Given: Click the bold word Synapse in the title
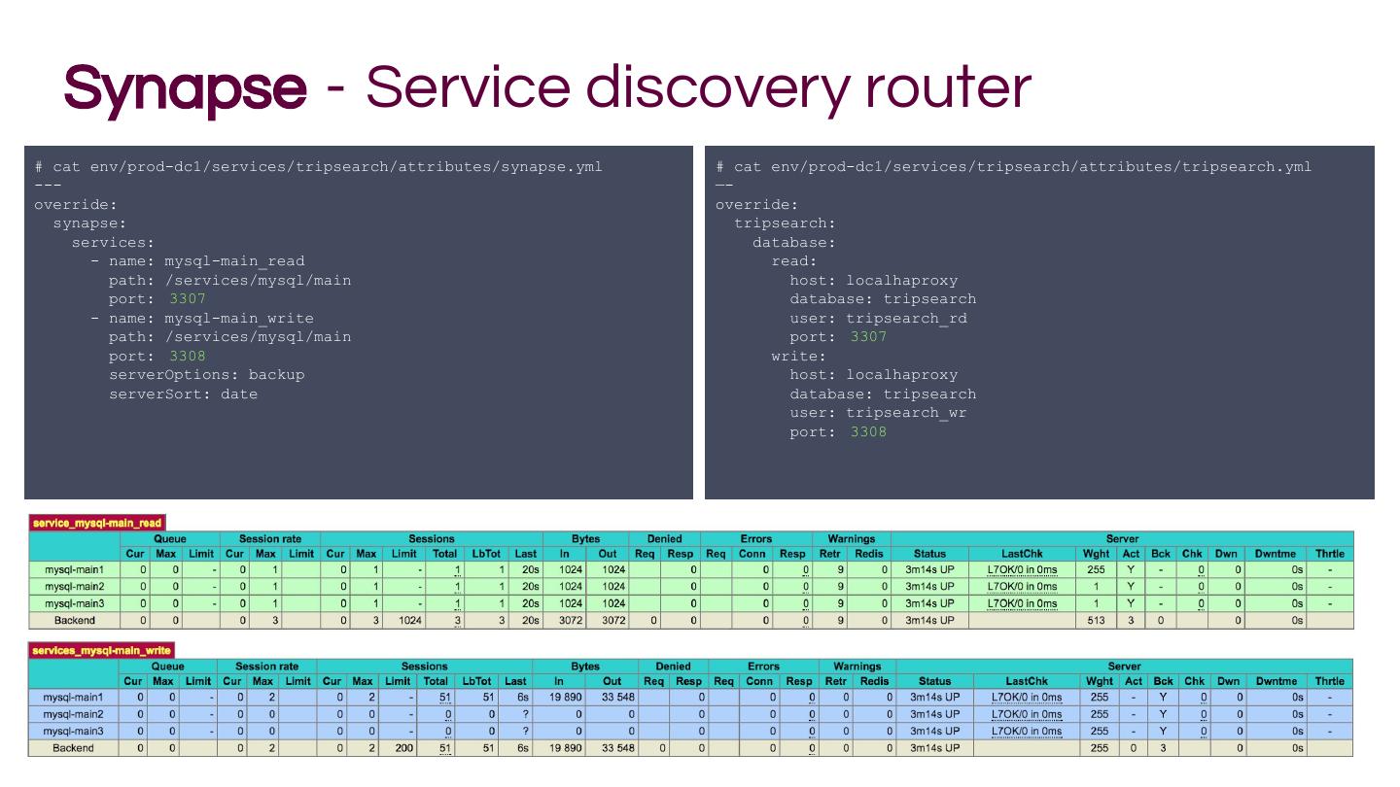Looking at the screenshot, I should point(185,87).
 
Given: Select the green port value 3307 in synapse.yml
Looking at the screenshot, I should point(188,299).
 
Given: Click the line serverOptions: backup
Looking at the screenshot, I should point(206,375).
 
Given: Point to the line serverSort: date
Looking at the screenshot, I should point(183,393).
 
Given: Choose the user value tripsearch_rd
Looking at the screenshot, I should point(906,318).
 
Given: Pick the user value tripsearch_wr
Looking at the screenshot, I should point(906,413).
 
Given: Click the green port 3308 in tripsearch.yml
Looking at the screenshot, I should point(868,431).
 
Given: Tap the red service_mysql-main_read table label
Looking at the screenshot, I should point(97,523).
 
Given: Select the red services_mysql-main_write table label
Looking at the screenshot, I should point(101,650).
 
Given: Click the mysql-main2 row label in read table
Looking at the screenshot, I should point(74,587).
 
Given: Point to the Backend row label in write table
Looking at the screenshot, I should point(73,748).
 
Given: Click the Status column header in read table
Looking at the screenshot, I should point(929,554).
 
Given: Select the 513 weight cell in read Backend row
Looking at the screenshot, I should point(1096,620).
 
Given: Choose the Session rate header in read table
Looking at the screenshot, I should point(270,538).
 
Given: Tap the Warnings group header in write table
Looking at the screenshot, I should point(857,667).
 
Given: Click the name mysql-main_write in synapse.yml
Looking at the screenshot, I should point(238,318).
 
